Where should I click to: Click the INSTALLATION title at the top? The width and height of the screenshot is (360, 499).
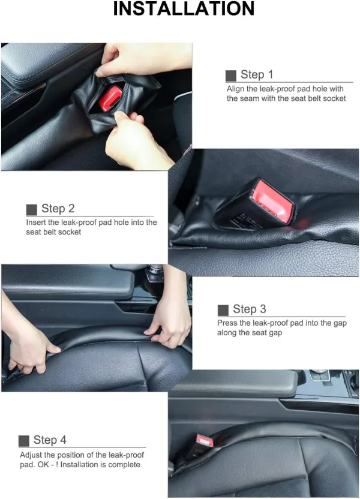click(184, 8)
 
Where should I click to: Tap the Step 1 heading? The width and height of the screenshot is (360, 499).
click(257, 74)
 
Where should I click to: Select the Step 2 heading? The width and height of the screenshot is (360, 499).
click(58, 209)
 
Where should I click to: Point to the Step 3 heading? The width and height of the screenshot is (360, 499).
click(249, 309)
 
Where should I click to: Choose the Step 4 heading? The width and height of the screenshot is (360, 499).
click(50, 440)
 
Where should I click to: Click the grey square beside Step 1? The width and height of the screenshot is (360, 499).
click(231, 76)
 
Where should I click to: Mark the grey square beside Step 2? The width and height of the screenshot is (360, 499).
click(32, 210)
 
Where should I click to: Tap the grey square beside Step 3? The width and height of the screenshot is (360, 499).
click(223, 310)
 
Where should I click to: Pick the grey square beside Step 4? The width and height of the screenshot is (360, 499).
click(24, 441)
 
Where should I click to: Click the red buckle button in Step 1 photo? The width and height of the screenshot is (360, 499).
click(110, 98)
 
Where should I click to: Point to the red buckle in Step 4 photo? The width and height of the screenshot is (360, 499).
click(205, 440)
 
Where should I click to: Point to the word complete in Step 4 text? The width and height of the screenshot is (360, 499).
click(124, 465)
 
